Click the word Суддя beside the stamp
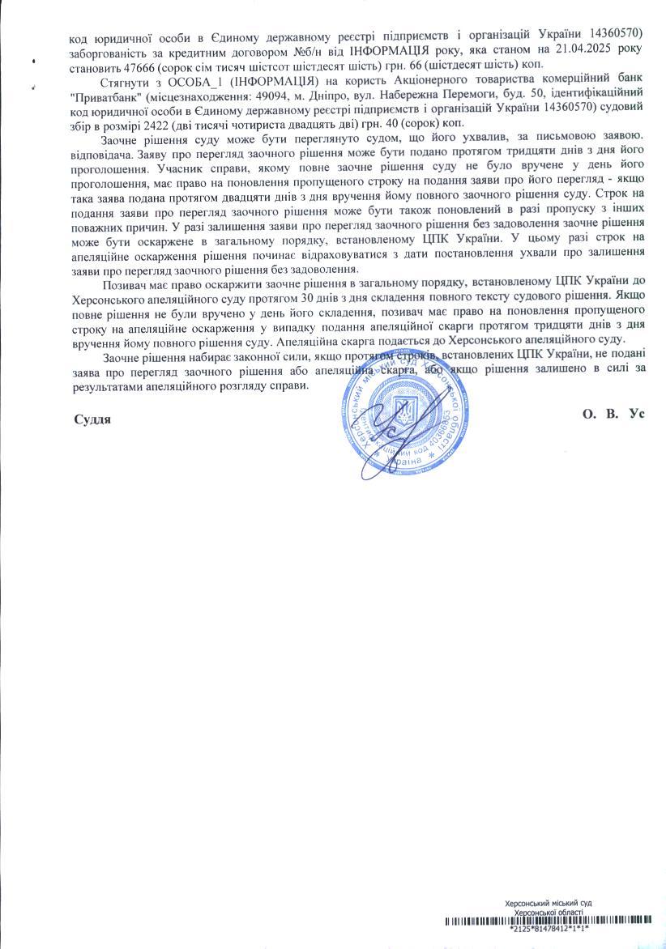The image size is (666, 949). [92, 419]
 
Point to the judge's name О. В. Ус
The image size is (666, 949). [613, 413]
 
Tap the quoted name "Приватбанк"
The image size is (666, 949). [105, 94]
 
